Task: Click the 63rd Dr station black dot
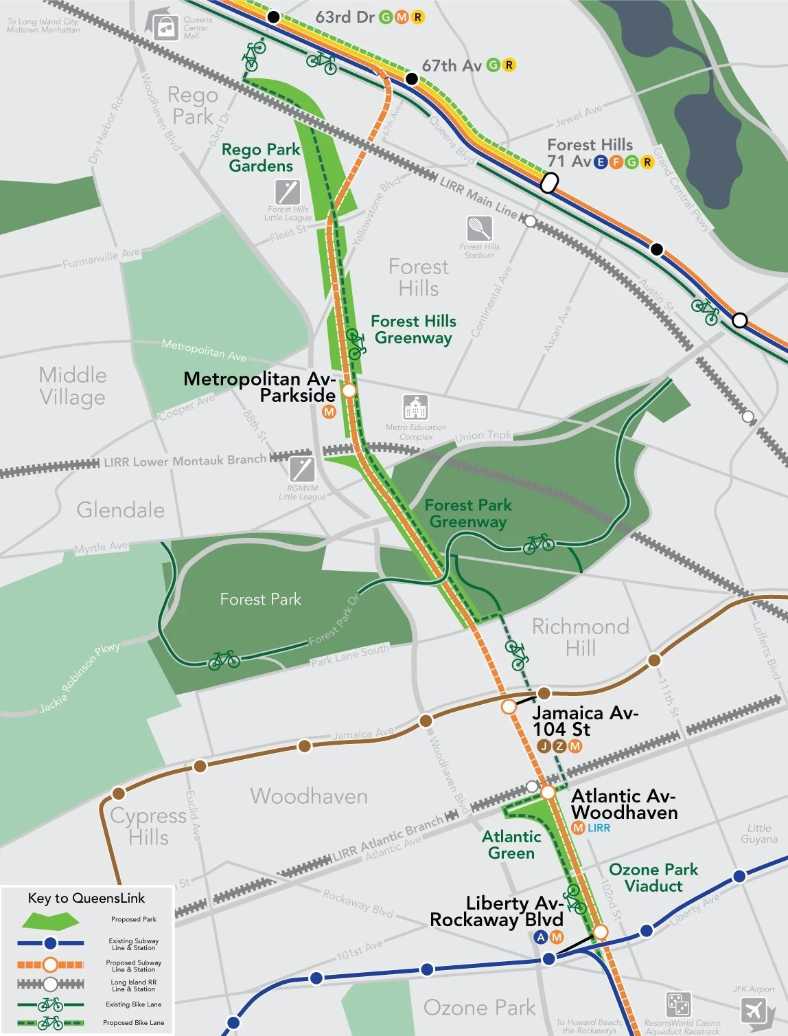[x=273, y=17]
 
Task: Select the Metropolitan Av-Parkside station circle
[x=349, y=390]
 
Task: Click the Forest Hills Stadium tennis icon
[x=478, y=227]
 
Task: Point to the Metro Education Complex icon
[x=415, y=407]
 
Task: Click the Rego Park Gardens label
[x=261, y=157]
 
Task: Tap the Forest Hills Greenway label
[x=413, y=329]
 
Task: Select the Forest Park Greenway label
[x=468, y=513]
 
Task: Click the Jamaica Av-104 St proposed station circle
[x=509, y=706]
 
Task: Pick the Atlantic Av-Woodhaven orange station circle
[x=548, y=793]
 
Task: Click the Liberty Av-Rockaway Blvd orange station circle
[x=601, y=932]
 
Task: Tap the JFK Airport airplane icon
[x=754, y=1011]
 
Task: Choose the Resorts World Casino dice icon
[x=678, y=1004]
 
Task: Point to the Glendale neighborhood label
[x=120, y=510]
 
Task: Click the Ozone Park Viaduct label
[x=653, y=878]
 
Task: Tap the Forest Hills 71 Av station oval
[x=549, y=183]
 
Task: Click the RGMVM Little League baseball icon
[x=302, y=469]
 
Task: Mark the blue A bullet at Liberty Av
[x=541, y=937]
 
